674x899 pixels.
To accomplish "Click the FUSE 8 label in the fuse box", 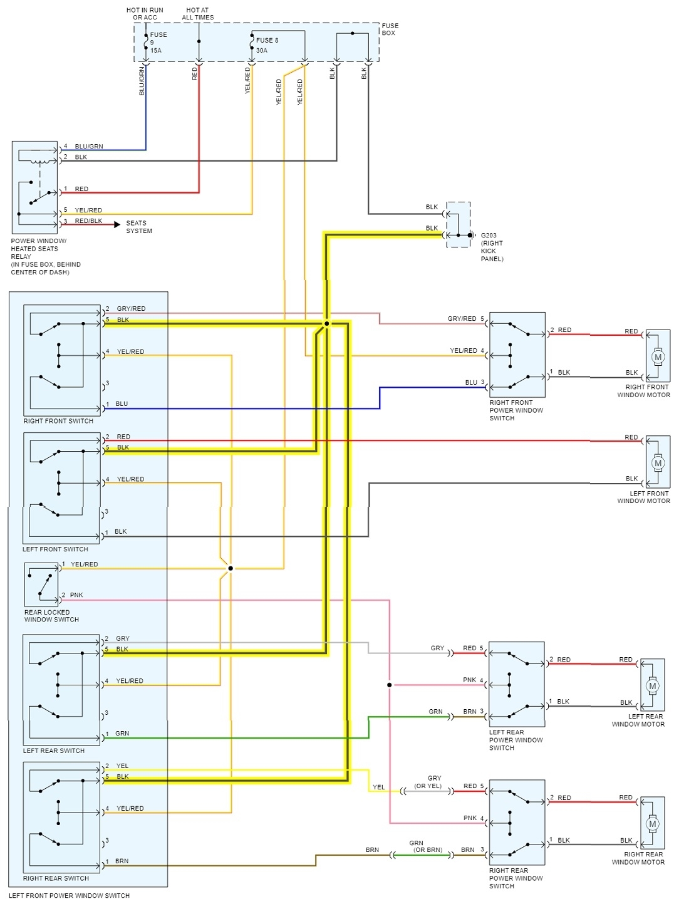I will tap(267, 40).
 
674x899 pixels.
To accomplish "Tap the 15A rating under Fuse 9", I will tap(155, 51).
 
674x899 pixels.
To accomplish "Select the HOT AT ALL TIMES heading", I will tap(197, 14).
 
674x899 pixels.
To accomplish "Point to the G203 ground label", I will tap(489, 236).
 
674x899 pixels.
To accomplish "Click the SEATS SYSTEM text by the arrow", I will tap(139, 227).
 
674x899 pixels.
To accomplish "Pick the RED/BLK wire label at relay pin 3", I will tap(88, 221).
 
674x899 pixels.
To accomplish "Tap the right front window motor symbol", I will tap(658, 357).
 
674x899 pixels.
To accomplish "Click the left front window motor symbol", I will tap(658, 464).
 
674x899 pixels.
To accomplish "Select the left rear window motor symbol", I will tap(653, 686).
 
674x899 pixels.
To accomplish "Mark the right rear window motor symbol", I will tap(653, 824).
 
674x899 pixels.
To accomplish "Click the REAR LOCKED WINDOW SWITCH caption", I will tap(51, 616).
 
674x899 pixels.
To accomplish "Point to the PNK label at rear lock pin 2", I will tap(76, 595).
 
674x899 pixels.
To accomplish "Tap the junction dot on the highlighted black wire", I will tap(326, 324).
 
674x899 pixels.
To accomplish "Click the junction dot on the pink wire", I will tap(389, 685).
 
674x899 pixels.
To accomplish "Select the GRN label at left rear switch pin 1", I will tap(122, 734).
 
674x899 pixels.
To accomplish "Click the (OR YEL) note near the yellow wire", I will tap(428, 786).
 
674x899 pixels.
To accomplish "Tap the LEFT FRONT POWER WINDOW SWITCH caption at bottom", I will tap(69, 895).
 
